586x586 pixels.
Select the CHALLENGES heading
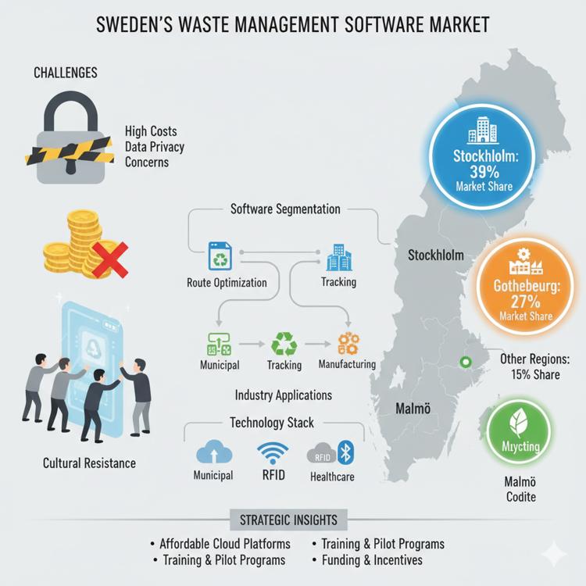click(66, 73)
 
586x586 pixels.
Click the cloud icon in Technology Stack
click(213, 452)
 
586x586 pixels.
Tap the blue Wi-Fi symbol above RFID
click(272, 452)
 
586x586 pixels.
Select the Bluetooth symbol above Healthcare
click(349, 452)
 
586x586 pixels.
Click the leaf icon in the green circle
click(516, 424)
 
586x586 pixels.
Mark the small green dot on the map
click(467, 362)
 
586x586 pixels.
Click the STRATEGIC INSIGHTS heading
click(289, 520)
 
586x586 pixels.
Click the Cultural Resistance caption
click(89, 463)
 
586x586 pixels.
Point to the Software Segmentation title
click(285, 209)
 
